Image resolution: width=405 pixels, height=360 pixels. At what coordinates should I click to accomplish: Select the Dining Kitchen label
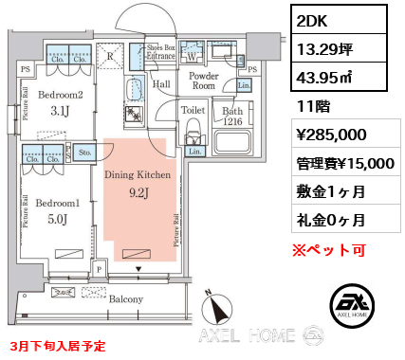coord(138,175)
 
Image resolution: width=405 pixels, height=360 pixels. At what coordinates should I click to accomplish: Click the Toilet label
coord(193,109)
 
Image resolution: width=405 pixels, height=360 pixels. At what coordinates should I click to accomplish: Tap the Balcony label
coord(124,299)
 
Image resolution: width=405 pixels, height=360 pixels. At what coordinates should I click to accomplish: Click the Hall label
coord(161,84)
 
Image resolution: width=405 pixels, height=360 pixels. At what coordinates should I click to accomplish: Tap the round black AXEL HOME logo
coord(354,306)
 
